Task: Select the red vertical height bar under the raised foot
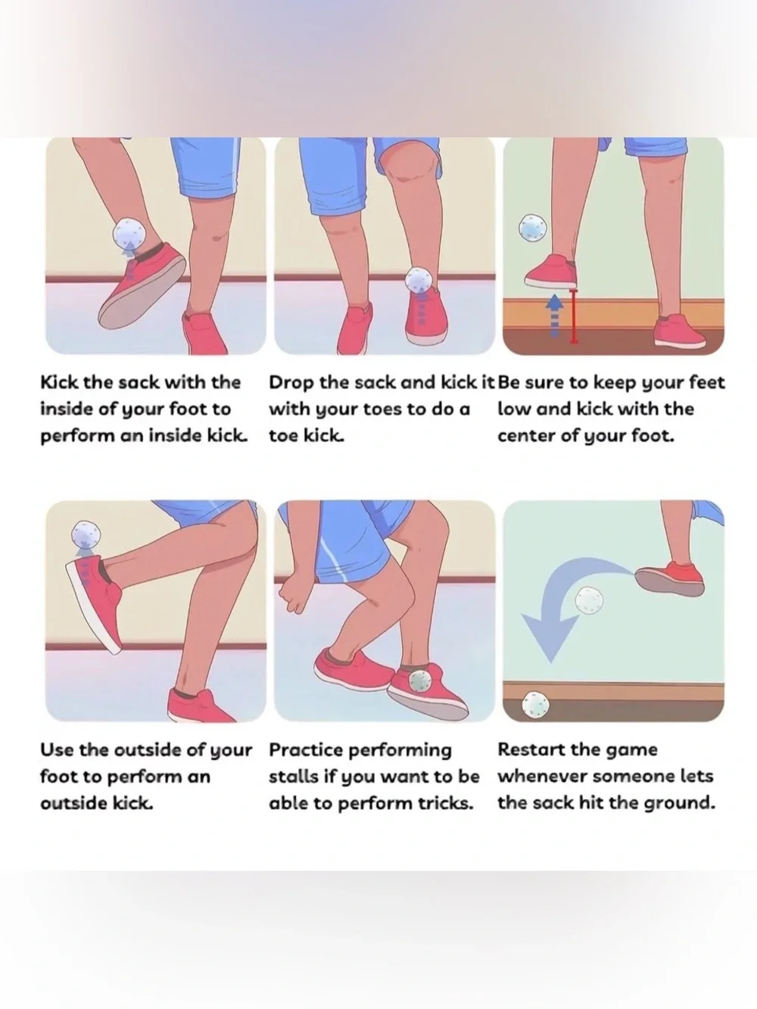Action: coord(573,316)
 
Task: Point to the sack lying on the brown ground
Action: coord(535,705)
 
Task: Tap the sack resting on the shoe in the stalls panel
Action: coord(419,680)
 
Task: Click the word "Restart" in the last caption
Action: coord(527,749)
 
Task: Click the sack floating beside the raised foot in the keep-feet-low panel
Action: coord(533,228)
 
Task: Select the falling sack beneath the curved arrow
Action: coord(589,600)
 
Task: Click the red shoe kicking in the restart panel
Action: coord(670,579)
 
